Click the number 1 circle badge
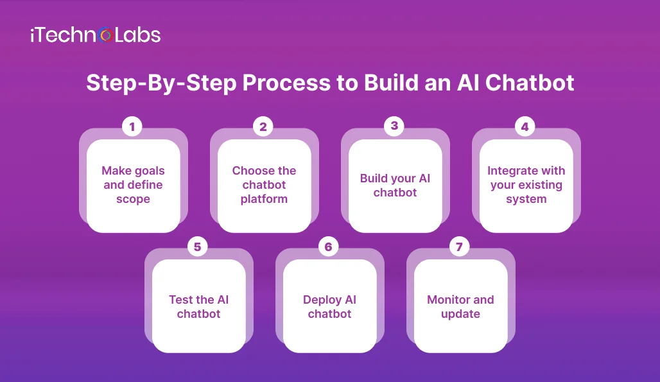point(132,127)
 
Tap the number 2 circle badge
point(263,127)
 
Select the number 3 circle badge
point(394,126)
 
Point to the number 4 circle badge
point(525,127)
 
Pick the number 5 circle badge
point(198,247)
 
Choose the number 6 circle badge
point(329,247)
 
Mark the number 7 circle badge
point(460,247)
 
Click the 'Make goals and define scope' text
point(133,185)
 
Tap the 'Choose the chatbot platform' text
point(264,185)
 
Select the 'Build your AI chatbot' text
point(395,185)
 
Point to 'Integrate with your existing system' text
point(526,185)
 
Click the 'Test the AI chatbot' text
point(198,307)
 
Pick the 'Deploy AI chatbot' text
point(329,307)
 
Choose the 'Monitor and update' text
point(460,307)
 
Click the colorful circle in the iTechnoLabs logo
point(107,35)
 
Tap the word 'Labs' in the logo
point(137,35)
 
